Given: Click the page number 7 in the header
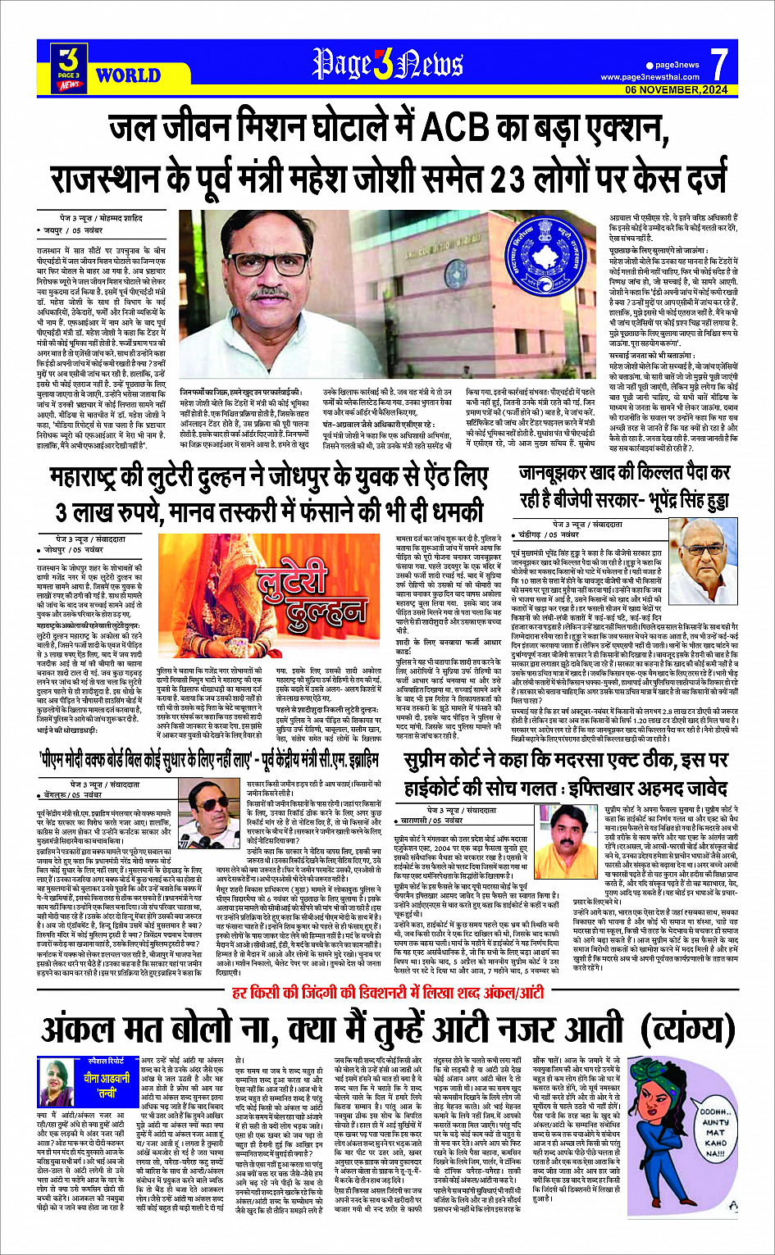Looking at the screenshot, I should [718, 63].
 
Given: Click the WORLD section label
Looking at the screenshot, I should [128, 76].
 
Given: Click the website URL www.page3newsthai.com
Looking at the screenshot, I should [650, 77].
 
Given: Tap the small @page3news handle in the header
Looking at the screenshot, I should [677, 65].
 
